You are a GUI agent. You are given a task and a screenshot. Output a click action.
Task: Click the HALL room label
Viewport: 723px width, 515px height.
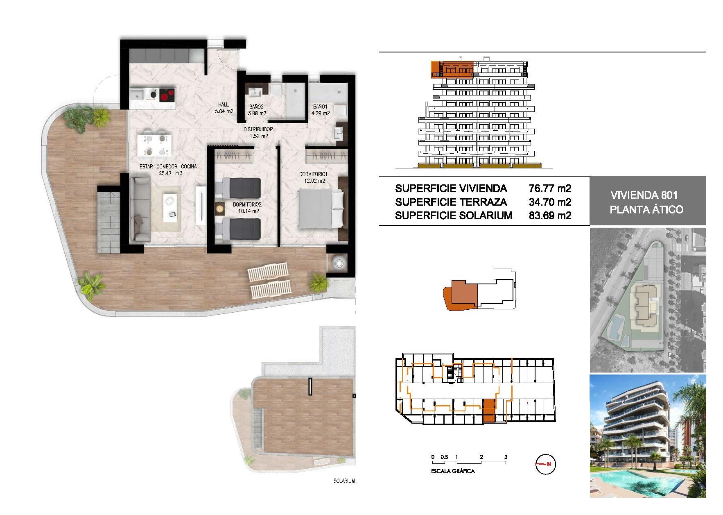223,105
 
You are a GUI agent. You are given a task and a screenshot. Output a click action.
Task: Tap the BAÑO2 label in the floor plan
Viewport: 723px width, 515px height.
258,107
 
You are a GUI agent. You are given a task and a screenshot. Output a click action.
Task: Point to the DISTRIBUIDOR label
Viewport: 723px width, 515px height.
258,129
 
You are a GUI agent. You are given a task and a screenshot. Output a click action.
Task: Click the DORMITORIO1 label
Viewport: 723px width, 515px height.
312,175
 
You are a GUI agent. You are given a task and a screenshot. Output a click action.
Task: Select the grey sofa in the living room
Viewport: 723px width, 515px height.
140,209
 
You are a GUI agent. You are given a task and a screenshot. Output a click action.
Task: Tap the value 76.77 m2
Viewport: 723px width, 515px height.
549,188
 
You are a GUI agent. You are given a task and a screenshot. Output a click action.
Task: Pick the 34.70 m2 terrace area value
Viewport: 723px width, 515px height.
549,202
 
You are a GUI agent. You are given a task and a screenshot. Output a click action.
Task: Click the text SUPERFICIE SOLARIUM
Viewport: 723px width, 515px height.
453,216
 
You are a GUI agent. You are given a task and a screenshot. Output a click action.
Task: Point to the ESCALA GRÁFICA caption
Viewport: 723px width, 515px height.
453,471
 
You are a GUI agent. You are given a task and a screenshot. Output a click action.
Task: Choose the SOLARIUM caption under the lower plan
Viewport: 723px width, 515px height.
344,481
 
